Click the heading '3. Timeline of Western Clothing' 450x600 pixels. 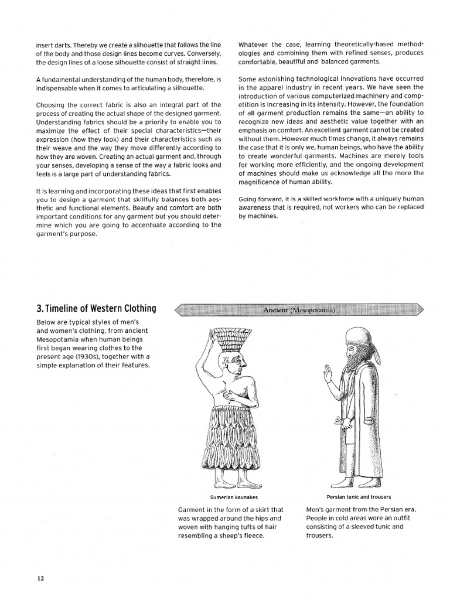96,309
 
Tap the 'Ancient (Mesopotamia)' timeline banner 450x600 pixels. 298,310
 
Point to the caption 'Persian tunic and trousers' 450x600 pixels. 359,497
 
